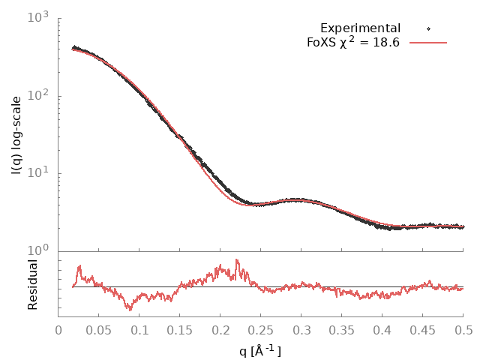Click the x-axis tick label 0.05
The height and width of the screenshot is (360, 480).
point(99,331)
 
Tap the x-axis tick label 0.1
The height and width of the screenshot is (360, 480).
point(139,331)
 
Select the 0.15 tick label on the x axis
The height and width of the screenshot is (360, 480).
point(180,331)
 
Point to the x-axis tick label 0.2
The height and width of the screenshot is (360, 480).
point(220,331)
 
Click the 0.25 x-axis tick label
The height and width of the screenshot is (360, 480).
point(261,331)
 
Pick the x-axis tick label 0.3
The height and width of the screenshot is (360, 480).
point(301,331)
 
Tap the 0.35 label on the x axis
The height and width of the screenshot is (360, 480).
point(342,331)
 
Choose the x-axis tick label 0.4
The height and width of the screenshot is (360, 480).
point(382,331)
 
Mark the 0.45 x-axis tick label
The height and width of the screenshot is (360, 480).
point(423,331)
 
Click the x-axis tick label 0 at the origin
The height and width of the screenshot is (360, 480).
point(58,331)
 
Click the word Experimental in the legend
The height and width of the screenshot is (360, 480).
point(360,28)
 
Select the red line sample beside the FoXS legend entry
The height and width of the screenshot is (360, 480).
point(428,43)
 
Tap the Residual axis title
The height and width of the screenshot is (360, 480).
point(33,285)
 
